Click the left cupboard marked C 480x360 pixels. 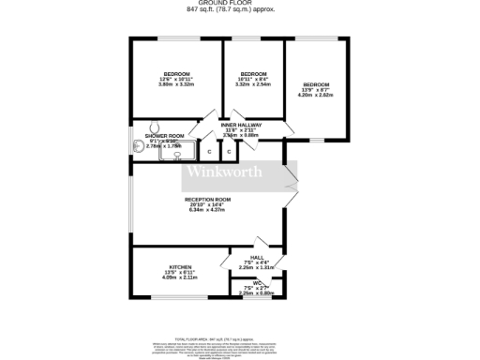click(x=209, y=151)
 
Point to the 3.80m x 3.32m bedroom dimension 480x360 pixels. click(x=176, y=84)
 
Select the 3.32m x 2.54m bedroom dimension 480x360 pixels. click(x=253, y=84)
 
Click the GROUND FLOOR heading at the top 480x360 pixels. click(x=240, y=5)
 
